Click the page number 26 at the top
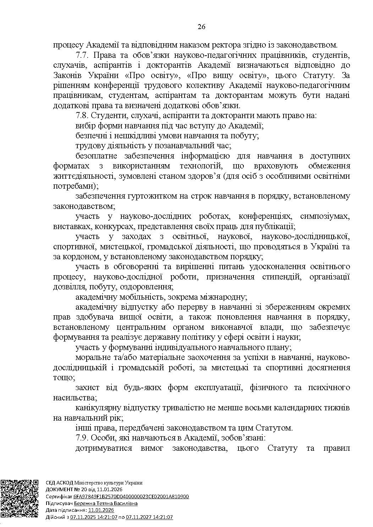point(202,27)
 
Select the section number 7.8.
point(83,115)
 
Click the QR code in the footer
point(20,499)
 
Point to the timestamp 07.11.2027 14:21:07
point(149,517)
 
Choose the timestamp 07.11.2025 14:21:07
point(94,517)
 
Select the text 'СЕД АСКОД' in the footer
point(59,483)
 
